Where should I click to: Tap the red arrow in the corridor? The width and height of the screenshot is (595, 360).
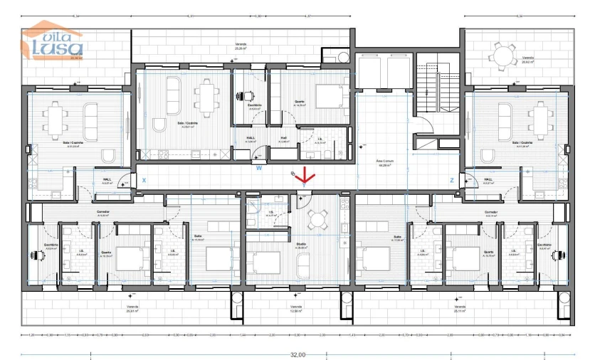pyautogui.click(x=305, y=175)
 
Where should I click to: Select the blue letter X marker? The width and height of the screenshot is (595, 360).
pyautogui.click(x=144, y=181)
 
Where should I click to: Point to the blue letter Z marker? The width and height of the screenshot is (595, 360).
pyautogui.click(x=452, y=181)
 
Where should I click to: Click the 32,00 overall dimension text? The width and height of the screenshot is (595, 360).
pyautogui.click(x=297, y=354)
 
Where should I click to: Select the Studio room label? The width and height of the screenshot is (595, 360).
pyautogui.click(x=301, y=245)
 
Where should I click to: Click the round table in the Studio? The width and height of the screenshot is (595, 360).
pyautogui.click(x=315, y=218)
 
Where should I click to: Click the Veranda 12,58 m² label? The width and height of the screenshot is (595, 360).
pyautogui.click(x=297, y=309)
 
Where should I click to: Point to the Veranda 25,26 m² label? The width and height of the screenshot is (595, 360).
pyautogui.click(x=242, y=47)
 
